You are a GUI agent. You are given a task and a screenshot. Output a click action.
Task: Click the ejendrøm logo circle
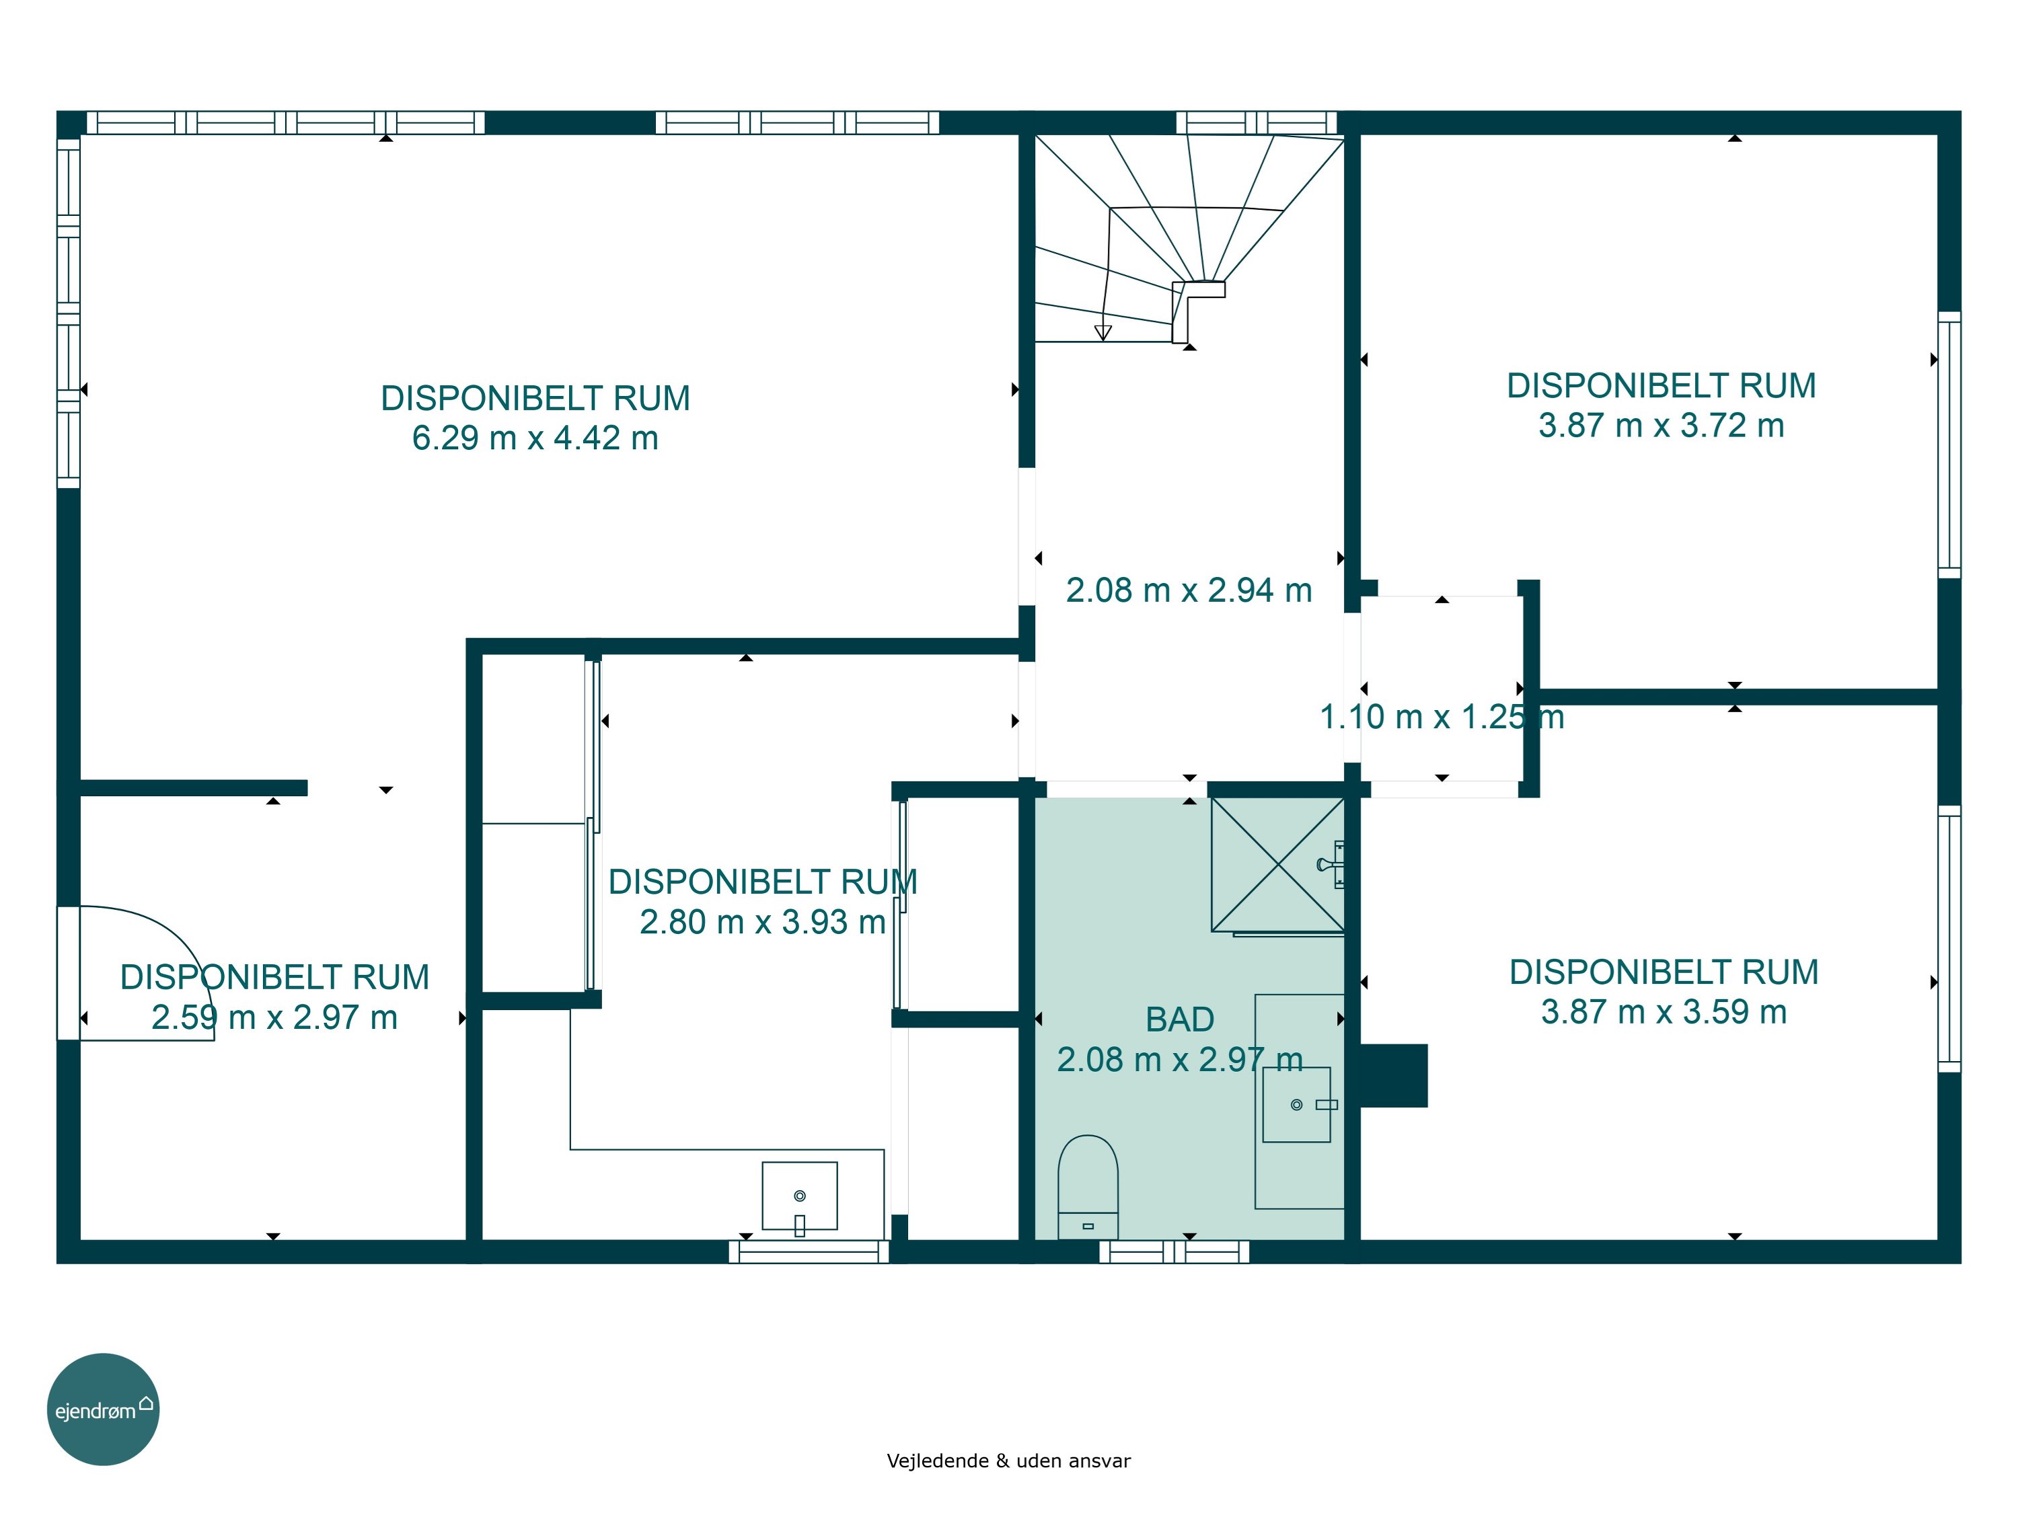click(x=103, y=1409)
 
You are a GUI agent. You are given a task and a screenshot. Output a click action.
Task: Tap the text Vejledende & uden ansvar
click(x=1008, y=1460)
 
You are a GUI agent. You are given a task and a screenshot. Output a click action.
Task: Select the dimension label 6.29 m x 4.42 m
click(x=535, y=438)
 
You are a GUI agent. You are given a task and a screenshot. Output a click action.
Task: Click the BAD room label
click(x=1180, y=1019)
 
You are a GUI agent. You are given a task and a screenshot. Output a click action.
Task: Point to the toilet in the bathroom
click(x=1088, y=1186)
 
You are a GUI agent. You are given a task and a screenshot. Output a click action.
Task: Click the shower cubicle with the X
click(x=1277, y=865)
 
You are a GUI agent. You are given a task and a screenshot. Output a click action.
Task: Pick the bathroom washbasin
click(x=1296, y=1104)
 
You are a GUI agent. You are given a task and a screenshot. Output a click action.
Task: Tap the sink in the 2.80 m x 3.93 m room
click(x=799, y=1196)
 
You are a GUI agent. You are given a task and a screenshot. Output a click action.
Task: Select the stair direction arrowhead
click(x=1103, y=333)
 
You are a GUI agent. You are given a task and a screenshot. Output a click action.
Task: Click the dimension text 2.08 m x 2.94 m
click(x=1189, y=590)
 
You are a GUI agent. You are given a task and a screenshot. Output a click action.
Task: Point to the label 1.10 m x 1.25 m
click(x=1442, y=717)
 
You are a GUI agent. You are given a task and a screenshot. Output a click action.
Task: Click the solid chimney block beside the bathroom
click(x=1393, y=1075)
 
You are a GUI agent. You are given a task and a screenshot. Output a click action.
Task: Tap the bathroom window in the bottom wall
click(x=1174, y=1251)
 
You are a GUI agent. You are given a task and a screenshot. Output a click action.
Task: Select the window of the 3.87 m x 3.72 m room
click(x=1949, y=445)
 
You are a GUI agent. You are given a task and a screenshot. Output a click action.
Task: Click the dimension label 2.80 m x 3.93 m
click(x=763, y=922)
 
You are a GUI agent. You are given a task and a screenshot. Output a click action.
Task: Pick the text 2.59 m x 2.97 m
click(x=274, y=1017)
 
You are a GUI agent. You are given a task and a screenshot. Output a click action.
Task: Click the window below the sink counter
click(x=809, y=1251)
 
